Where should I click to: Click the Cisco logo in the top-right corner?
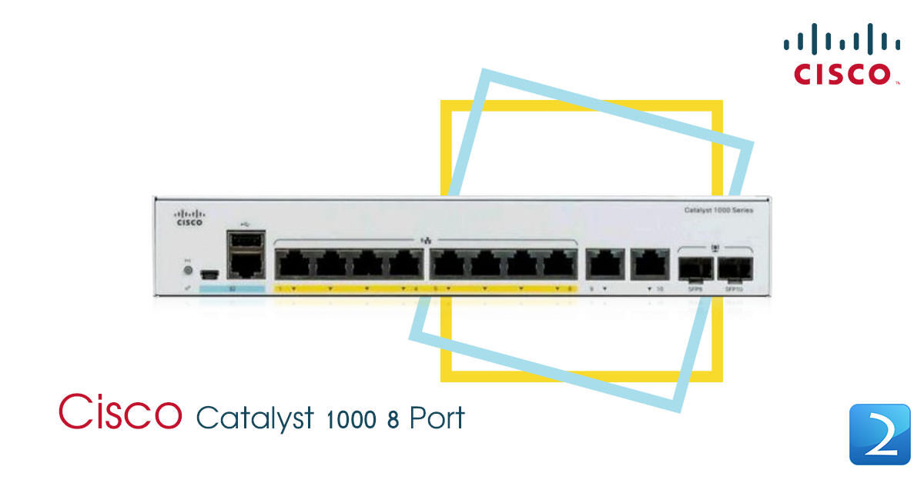coord(842,53)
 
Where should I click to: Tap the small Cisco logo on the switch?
coord(189,217)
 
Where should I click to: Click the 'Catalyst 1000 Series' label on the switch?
coord(718,210)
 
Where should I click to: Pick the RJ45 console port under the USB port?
coord(245,265)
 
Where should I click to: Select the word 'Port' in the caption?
coord(437,418)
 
